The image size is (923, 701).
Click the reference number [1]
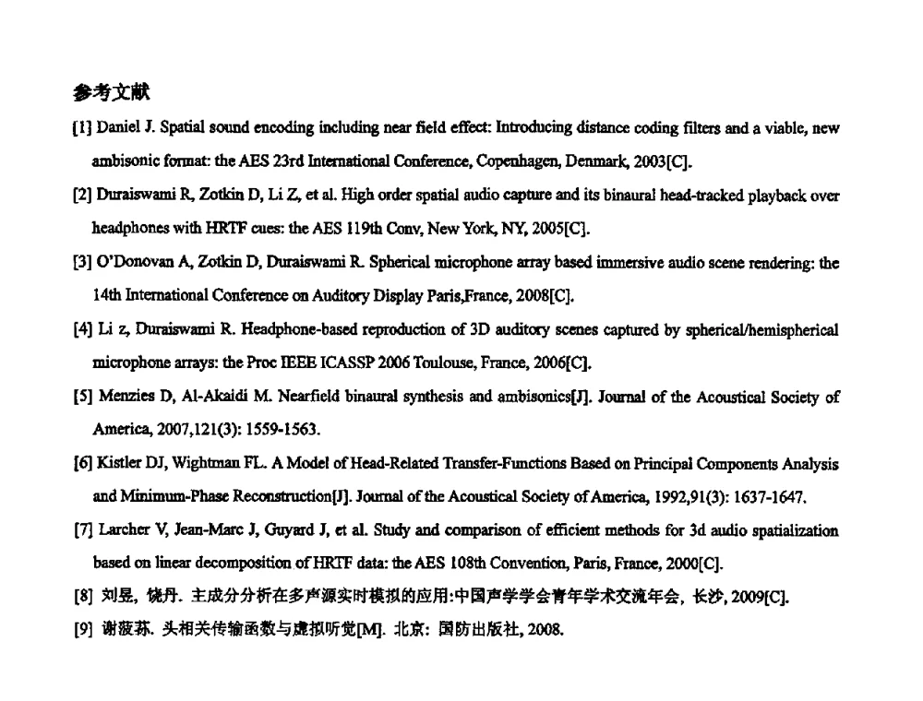(82, 127)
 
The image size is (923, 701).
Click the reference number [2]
(82, 196)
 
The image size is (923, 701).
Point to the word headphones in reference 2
(127, 228)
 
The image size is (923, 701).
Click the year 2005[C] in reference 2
(557, 228)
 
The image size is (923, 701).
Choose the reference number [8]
(82, 598)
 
